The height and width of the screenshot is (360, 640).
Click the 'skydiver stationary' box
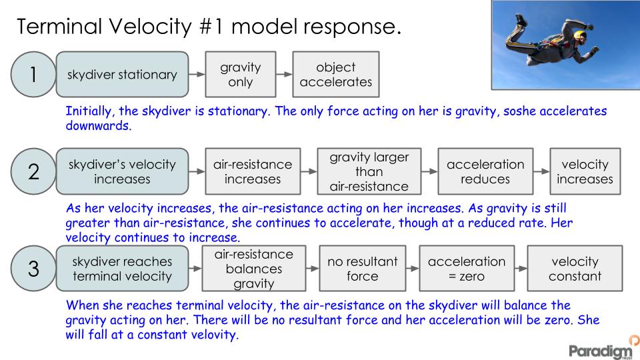(123, 75)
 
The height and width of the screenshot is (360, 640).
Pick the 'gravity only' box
(241, 75)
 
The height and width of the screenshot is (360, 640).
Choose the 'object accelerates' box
(336, 75)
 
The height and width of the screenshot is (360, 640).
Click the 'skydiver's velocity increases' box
(123, 172)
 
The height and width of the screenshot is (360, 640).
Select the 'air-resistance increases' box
(253, 172)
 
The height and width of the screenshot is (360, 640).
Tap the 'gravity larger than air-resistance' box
(369, 171)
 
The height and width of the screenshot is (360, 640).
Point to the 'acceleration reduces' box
(485, 172)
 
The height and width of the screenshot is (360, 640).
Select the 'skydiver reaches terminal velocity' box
(123, 269)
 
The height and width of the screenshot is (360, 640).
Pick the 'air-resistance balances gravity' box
(253, 269)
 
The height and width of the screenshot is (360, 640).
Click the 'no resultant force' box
(363, 269)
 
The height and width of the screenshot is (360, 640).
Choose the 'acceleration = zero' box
(466, 269)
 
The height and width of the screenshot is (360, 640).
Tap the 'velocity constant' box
(575, 269)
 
